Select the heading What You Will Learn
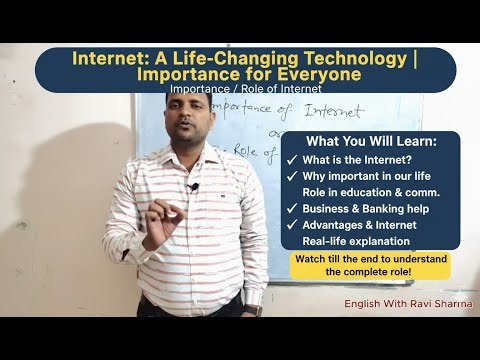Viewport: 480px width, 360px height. pyautogui.click(x=369, y=142)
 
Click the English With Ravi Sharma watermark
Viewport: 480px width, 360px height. pyautogui.click(x=407, y=302)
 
